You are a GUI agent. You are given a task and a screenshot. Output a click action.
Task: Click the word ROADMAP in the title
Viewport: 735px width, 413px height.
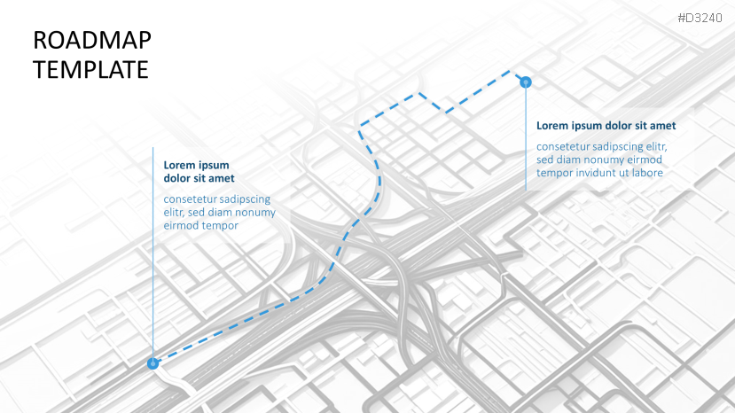[91, 40]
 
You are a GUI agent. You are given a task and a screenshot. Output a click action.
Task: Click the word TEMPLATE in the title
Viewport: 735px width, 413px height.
[90, 69]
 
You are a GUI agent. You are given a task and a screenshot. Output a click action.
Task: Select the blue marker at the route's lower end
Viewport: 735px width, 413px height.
[152, 362]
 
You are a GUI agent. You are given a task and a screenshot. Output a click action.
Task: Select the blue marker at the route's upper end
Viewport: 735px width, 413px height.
[526, 82]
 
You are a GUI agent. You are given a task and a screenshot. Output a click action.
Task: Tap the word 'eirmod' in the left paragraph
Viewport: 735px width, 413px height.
[181, 226]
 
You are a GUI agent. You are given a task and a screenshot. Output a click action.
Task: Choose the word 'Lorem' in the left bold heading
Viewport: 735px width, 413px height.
[180, 165]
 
